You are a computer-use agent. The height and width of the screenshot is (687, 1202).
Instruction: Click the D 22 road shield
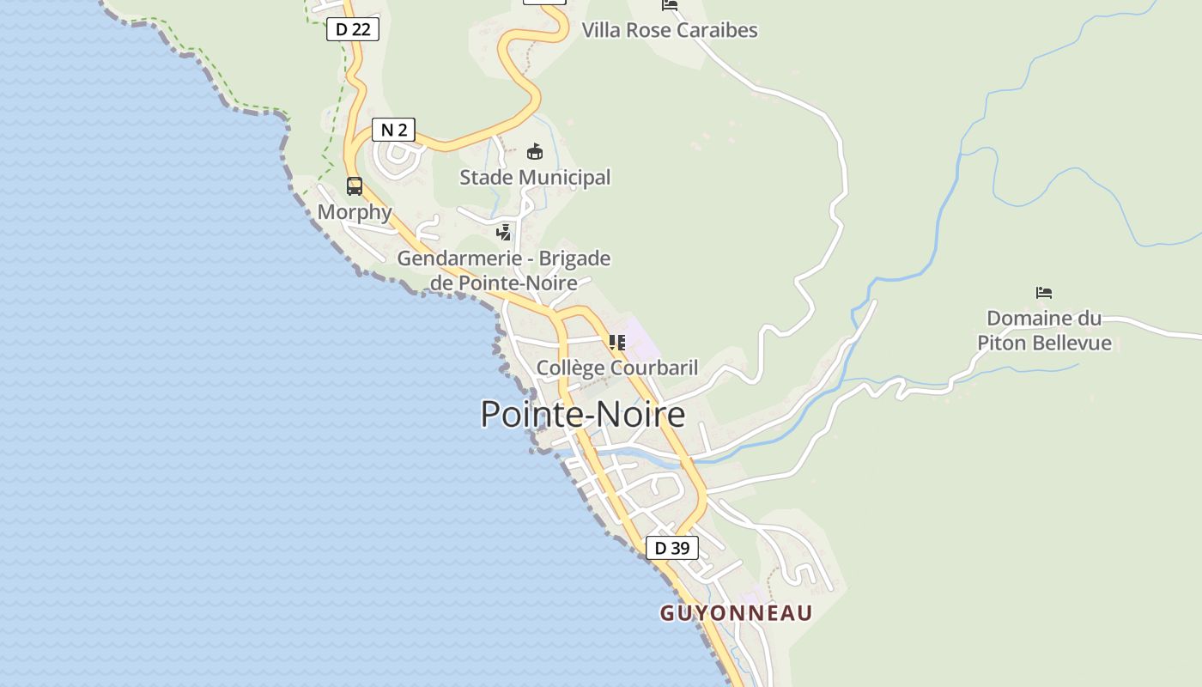[x=352, y=29]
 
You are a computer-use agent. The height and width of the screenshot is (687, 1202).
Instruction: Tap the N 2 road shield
[x=393, y=130]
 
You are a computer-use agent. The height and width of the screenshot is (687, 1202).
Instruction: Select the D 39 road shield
[x=671, y=548]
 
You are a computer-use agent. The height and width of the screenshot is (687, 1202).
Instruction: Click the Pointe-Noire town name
[x=583, y=414]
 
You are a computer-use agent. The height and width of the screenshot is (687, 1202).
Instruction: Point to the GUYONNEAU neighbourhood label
[x=736, y=613]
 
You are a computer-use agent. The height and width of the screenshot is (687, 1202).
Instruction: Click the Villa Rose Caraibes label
[x=670, y=30]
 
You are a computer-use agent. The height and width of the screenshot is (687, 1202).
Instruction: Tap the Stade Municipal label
[x=535, y=178]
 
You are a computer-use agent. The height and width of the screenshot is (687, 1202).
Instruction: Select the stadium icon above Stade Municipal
[x=535, y=152]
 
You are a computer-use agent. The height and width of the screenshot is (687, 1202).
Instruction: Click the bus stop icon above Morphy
[x=354, y=185]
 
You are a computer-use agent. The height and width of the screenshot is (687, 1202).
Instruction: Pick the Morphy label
[x=355, y=212]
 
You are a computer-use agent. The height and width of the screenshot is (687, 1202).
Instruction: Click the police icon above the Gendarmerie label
[x=504, y=232]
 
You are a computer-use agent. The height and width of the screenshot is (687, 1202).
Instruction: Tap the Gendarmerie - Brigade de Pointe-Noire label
[x=504, y=270]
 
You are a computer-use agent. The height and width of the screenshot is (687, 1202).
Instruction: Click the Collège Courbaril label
[x=616, y=368]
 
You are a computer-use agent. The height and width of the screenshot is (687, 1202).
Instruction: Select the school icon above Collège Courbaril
[x=616, y=343]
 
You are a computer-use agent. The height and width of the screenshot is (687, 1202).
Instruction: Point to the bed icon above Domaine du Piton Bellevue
[x=1044, y=293]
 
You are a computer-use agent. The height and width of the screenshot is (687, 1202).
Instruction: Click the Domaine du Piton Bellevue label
[x=1044, y=331]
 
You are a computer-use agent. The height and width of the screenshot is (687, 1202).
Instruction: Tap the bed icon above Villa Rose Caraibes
[x=670, y=5]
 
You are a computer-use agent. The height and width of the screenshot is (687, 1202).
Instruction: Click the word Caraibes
[x=717, y=30]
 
